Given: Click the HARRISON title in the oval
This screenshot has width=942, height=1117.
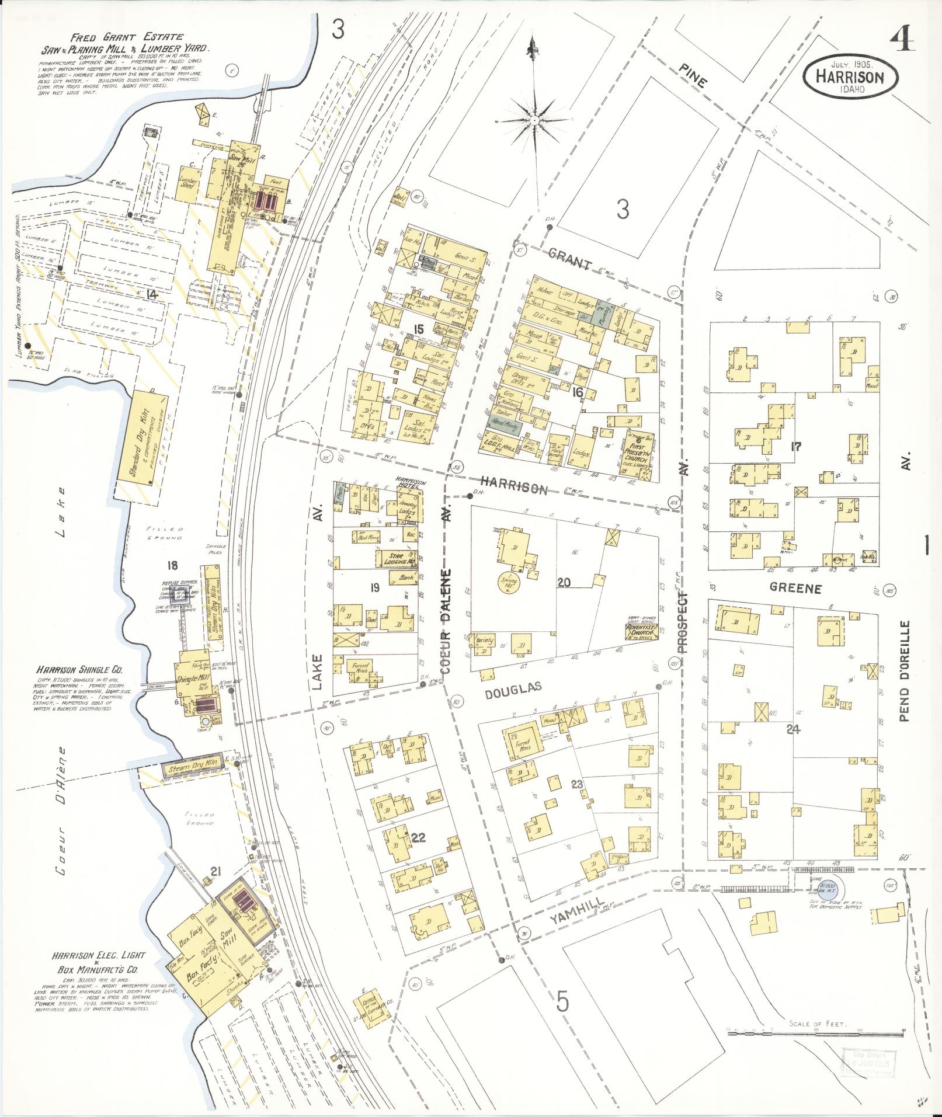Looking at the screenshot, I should click(x=850, y=76).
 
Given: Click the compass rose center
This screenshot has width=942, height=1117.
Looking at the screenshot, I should click(x=534, y=120).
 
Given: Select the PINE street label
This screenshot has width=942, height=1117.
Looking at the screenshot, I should click(x=693, y=75).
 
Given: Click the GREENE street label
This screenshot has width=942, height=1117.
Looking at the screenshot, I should click(x=795, y=588).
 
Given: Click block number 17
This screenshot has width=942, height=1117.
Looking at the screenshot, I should click(x=795, y=447).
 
